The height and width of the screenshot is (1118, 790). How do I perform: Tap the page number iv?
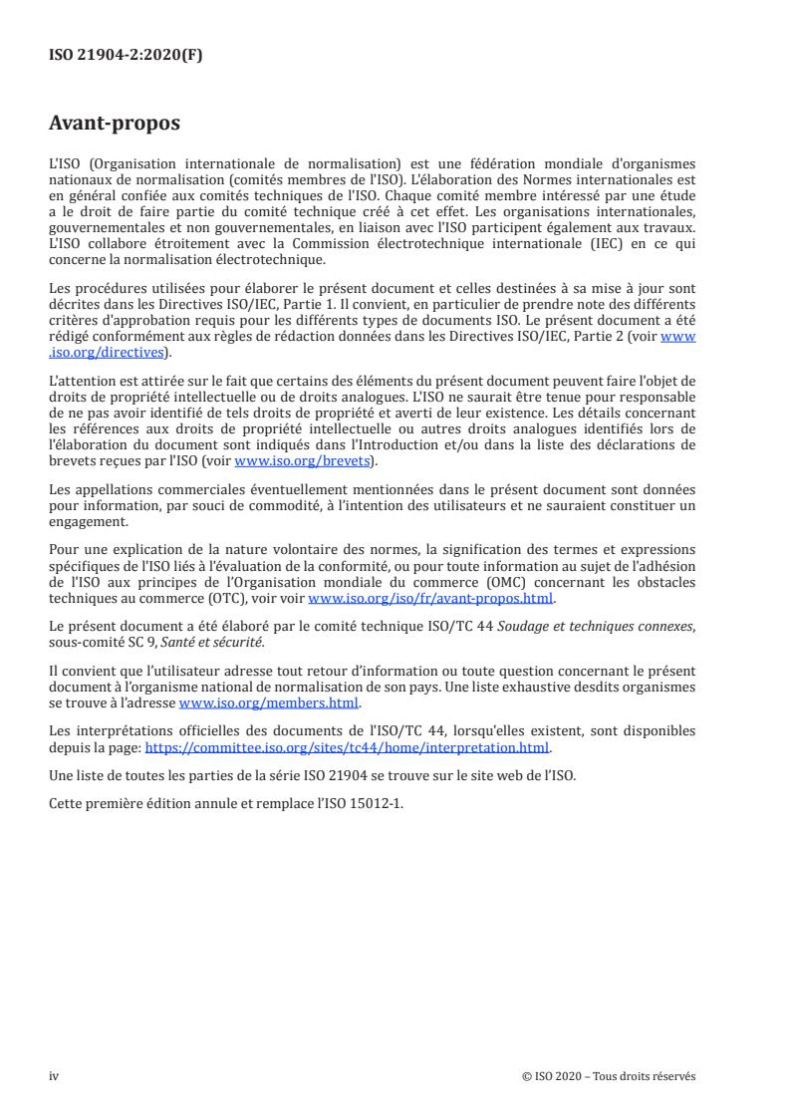click(54, 1076)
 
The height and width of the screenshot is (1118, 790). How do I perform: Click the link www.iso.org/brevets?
click(301, 462)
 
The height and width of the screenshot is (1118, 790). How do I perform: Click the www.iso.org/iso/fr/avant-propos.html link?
click(431, 599)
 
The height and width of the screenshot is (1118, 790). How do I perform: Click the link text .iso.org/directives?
click(110, 352)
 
